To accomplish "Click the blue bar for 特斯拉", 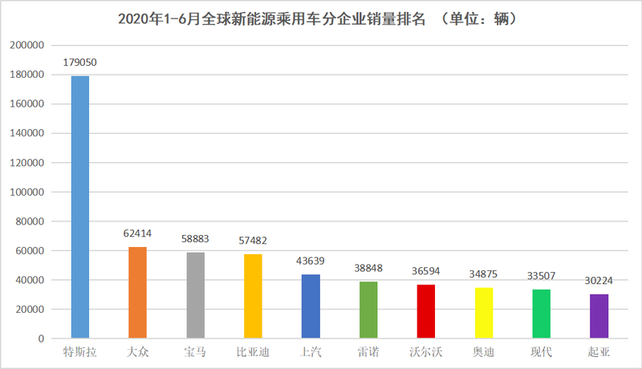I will point(80,207).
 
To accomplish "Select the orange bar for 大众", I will point(137,293).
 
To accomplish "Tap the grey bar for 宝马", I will point(195,295).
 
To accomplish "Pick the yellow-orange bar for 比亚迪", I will point(253,296).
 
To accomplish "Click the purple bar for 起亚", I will point(599,316).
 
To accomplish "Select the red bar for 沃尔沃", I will point(426,311).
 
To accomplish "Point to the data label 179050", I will point(80,62).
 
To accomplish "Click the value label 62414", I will point(137,234).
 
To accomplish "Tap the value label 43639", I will point(311,262).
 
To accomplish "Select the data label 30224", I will point(599,282).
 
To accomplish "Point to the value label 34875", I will point(484,274).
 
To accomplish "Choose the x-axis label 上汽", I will point(311,352).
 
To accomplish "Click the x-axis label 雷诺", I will point(368,352).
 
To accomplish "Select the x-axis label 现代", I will point(542,352).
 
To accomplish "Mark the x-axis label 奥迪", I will point(484,352).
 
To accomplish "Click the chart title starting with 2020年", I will point(321,18).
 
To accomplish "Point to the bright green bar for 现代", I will point(542,314).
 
